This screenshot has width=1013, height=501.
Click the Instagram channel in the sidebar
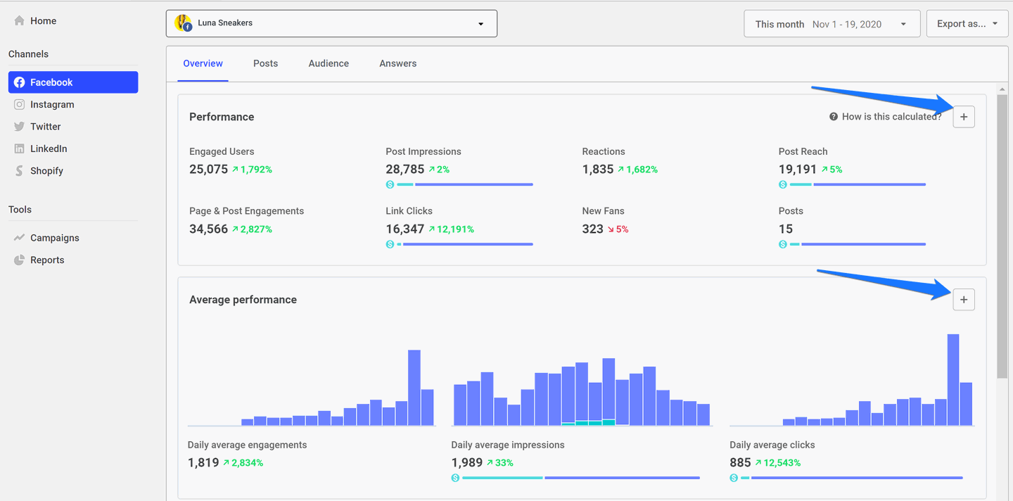[x=51, y=104]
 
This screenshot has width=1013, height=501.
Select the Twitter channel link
[x=45, y=127]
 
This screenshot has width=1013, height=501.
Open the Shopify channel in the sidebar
[x=46, y=171]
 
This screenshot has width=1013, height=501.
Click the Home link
[x=42, y=21]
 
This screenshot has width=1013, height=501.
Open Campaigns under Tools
[x=54, y=238]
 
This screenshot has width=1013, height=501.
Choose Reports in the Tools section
[x=46, y=260]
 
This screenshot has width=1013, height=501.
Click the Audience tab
[x=329, y=63]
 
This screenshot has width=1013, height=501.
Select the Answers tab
[x=397, y=63]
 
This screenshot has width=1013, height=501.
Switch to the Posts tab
[x=265, y=63]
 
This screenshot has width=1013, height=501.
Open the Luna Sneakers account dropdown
[x=331, y=23]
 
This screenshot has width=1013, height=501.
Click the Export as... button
[x=967, y=24]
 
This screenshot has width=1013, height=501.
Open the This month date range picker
[x=832, y=24]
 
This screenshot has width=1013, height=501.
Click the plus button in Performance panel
[x=964, y=117]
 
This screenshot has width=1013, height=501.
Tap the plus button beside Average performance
[x=964, y=300]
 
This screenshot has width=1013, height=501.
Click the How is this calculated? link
[x=891, y=117]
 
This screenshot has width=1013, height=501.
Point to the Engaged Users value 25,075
[x=208, y=169]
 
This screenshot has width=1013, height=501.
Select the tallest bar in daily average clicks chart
[x=953, y=380]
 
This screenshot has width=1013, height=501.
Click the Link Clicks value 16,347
[x=404, y=229]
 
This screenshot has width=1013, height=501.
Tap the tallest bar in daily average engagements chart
[x=414, y=387]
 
